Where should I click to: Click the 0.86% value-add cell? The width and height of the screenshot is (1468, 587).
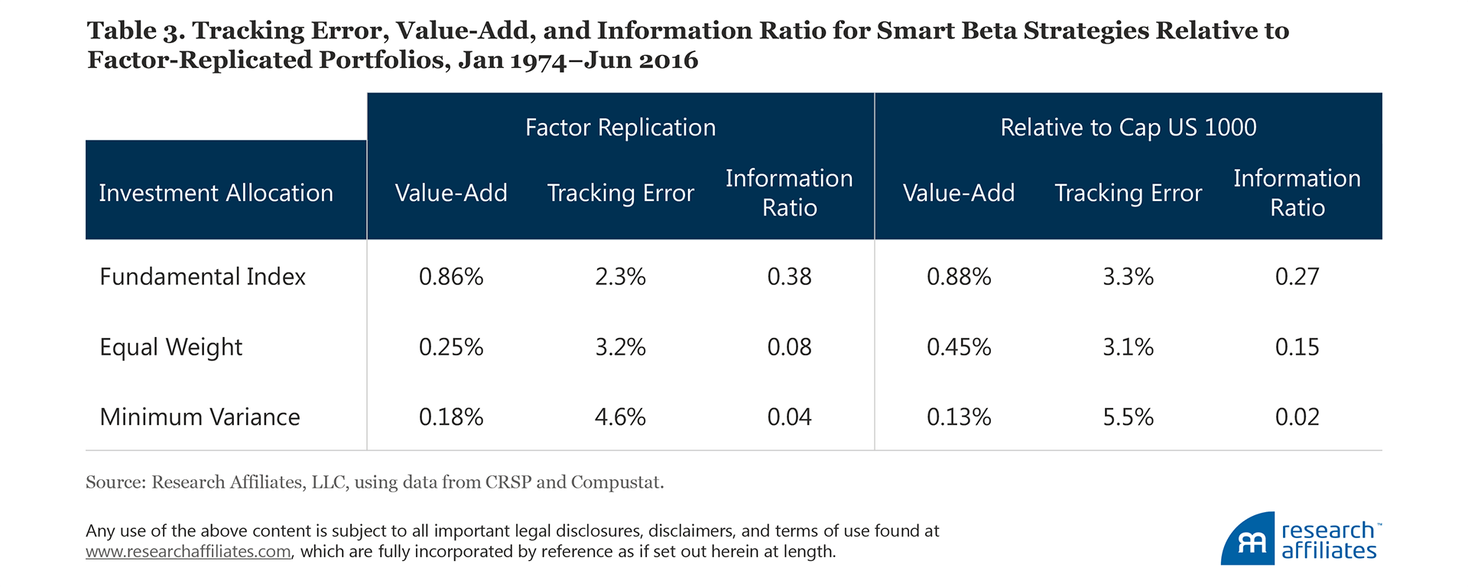[451, 277]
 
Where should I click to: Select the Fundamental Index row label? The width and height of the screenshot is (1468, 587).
[203, 277]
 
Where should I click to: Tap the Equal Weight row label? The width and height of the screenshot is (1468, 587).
[171, 347]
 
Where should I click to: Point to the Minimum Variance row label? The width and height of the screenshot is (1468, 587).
[200, 417]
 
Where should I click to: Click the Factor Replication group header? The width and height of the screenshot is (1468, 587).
[620, 128]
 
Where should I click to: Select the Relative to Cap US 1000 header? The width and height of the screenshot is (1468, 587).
[1128, 128]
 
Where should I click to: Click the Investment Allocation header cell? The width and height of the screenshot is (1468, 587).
[216, 193]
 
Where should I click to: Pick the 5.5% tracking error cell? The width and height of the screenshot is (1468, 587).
[1128, 417]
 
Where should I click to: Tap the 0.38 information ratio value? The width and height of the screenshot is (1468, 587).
[789, 277]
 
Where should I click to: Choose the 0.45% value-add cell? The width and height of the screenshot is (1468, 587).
[959, 347]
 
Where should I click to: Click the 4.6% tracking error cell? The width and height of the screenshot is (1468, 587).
[620, 417]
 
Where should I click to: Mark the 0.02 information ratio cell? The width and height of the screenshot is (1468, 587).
[1297, 417]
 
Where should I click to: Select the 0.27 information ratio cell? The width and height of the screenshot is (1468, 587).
[1297, 277]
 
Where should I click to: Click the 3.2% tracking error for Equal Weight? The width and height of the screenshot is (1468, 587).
[620, 347]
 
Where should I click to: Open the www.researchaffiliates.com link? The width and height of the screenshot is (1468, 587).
[188, 552]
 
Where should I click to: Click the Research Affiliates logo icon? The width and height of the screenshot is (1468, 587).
[1248, 540]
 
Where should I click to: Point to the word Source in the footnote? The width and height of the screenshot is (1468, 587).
[114, 482]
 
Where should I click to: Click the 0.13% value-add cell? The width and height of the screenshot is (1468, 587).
[959, 417]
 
